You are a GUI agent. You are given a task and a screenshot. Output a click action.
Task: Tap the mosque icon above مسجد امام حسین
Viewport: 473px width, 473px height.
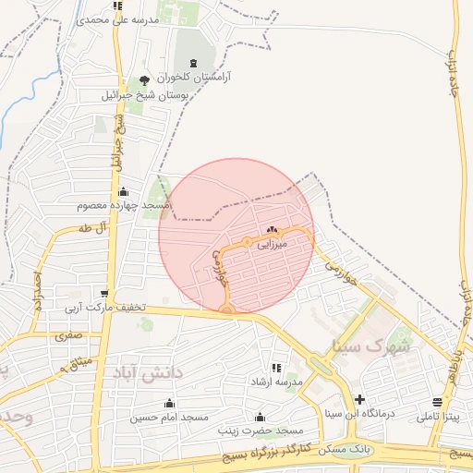[168, 402]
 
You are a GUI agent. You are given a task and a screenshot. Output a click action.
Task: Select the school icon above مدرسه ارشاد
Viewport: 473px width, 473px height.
[276, 367]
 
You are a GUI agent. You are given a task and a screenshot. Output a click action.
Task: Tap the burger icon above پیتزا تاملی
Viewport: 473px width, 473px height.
[436, 403]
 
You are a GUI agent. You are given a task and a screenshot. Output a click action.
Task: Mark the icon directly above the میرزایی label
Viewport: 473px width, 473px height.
[272, 230]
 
